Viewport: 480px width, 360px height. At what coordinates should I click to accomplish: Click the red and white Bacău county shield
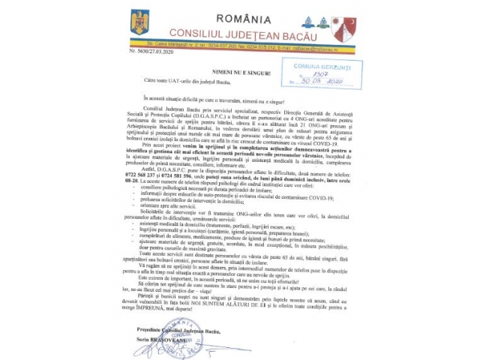pyautogui.click(x=343, y=28)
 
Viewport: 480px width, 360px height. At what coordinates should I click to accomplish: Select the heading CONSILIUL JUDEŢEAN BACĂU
pyautogui.click(x=238, y=33)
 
